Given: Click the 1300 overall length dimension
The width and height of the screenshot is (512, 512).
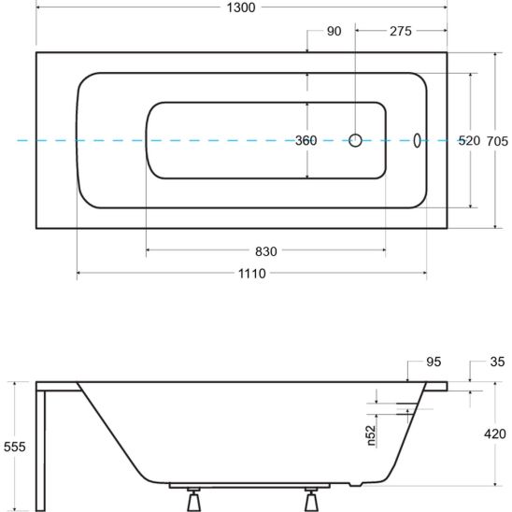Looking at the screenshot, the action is point(241,7).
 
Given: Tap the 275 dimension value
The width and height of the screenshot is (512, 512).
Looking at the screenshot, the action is point(401,32).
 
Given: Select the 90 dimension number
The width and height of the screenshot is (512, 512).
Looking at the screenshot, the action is point(334,32).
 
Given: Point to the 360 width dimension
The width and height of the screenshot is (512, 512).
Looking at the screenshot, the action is point(306,141).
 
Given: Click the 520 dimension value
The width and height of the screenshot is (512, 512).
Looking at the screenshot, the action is point(469,141).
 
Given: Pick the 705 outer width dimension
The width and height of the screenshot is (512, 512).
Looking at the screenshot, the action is point(497,141).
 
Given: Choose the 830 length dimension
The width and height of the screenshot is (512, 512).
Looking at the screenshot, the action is point(265,251).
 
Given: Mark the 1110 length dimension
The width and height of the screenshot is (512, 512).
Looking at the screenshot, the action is point(251,274).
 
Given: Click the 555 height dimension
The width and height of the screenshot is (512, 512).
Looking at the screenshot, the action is point(14,447).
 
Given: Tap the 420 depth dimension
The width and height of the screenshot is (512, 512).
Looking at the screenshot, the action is point(495,434).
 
